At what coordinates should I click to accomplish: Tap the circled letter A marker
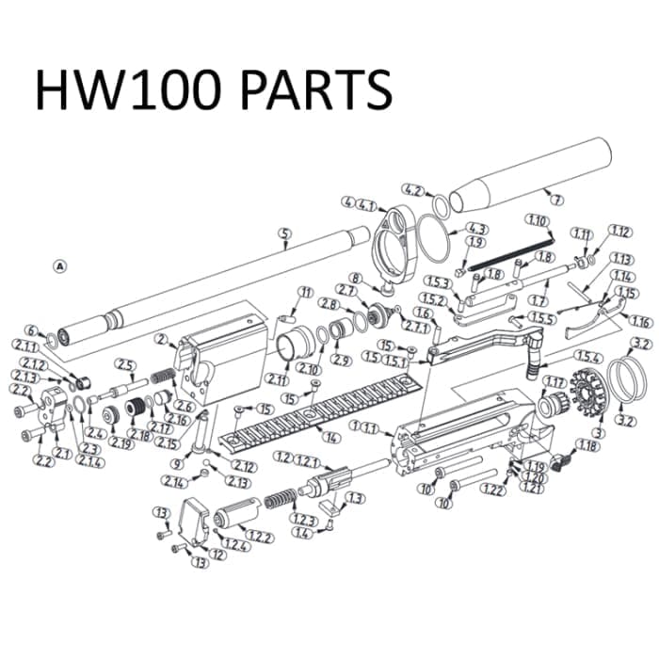61,266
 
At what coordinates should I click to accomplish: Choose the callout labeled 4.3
475,229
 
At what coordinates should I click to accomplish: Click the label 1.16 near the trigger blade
641,321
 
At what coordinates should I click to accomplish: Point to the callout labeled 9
176,464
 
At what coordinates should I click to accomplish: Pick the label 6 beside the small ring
31,330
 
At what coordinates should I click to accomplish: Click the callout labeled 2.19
120,442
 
